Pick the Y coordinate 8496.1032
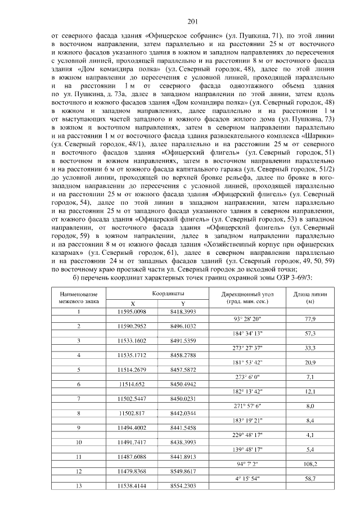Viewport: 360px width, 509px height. pyautogui.click(x=182, y=326)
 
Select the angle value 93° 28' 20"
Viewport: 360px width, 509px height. pyautogui.click(x=247, y=319)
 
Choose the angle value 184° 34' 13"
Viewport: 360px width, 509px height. pyautogui.click(x=247, y=334)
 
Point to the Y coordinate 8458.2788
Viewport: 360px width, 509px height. pyautogui.click(x=182, y=355)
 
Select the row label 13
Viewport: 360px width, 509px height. pyautogui.click(x=79, y=485)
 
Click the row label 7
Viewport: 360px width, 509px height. pyautogui.click(x=79, y=398)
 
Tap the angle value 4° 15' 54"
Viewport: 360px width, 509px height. pyautogui.click(x=247, y=478)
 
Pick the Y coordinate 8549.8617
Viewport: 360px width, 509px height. pyautogui.click(x=182, y=471)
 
